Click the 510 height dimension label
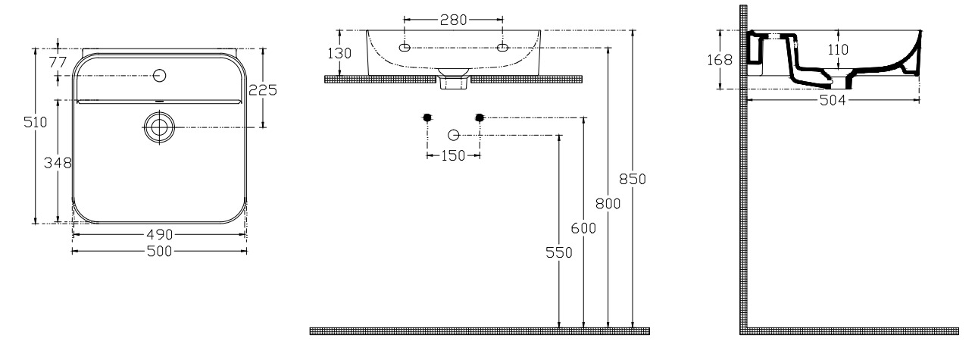(36, 122)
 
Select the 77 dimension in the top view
(58, 62)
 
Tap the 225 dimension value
(263, 90)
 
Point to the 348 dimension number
(58, 163)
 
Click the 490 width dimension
(160, 235)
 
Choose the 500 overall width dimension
(160, 251)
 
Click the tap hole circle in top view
(160, 76)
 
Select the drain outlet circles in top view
(159, 127)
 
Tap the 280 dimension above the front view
(454, 20)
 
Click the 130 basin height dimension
(339, 53)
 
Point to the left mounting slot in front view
(405, 48)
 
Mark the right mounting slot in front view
(503, 48)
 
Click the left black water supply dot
(427, 117)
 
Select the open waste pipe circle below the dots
(454, 136)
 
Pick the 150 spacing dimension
(454, 155)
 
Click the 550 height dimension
(559, 252)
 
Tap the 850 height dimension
(633, 179)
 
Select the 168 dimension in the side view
(720, 60)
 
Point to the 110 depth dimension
(838, 49)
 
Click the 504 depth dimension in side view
(833, 101)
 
